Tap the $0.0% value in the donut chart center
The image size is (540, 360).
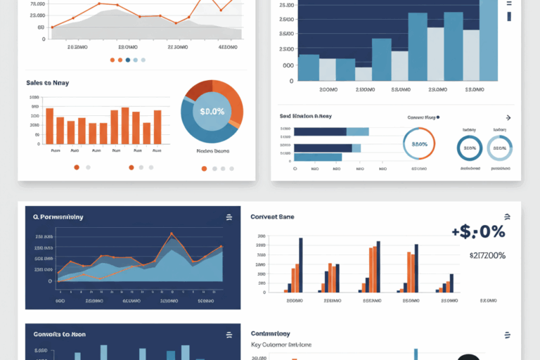(x=212, y=111)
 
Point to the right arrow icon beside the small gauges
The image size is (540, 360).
(x=509, y=118)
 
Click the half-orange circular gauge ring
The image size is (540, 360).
(x=419, y=143)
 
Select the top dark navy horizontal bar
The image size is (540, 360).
(x=320, y=131)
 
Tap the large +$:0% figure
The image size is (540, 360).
(x=477, y=231)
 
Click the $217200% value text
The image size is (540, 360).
(x=487, y=255)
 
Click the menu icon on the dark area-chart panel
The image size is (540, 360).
(x=229, y=217)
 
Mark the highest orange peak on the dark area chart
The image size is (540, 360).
(x=171, y=234)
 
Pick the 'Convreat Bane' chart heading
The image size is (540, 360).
(x=272, y=217)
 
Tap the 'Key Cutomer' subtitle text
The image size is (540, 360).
(x=281, y=345)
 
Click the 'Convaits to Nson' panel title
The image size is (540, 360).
(x=60, y=334)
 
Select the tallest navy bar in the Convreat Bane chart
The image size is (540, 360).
(x=300, y=264)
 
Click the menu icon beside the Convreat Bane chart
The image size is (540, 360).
(x=506, y=217)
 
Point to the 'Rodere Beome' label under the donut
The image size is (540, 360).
(x=212, y=150)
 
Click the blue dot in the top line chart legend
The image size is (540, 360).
(x=128, y=60)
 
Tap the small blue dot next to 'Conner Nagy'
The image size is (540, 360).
(x=437, y=118)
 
